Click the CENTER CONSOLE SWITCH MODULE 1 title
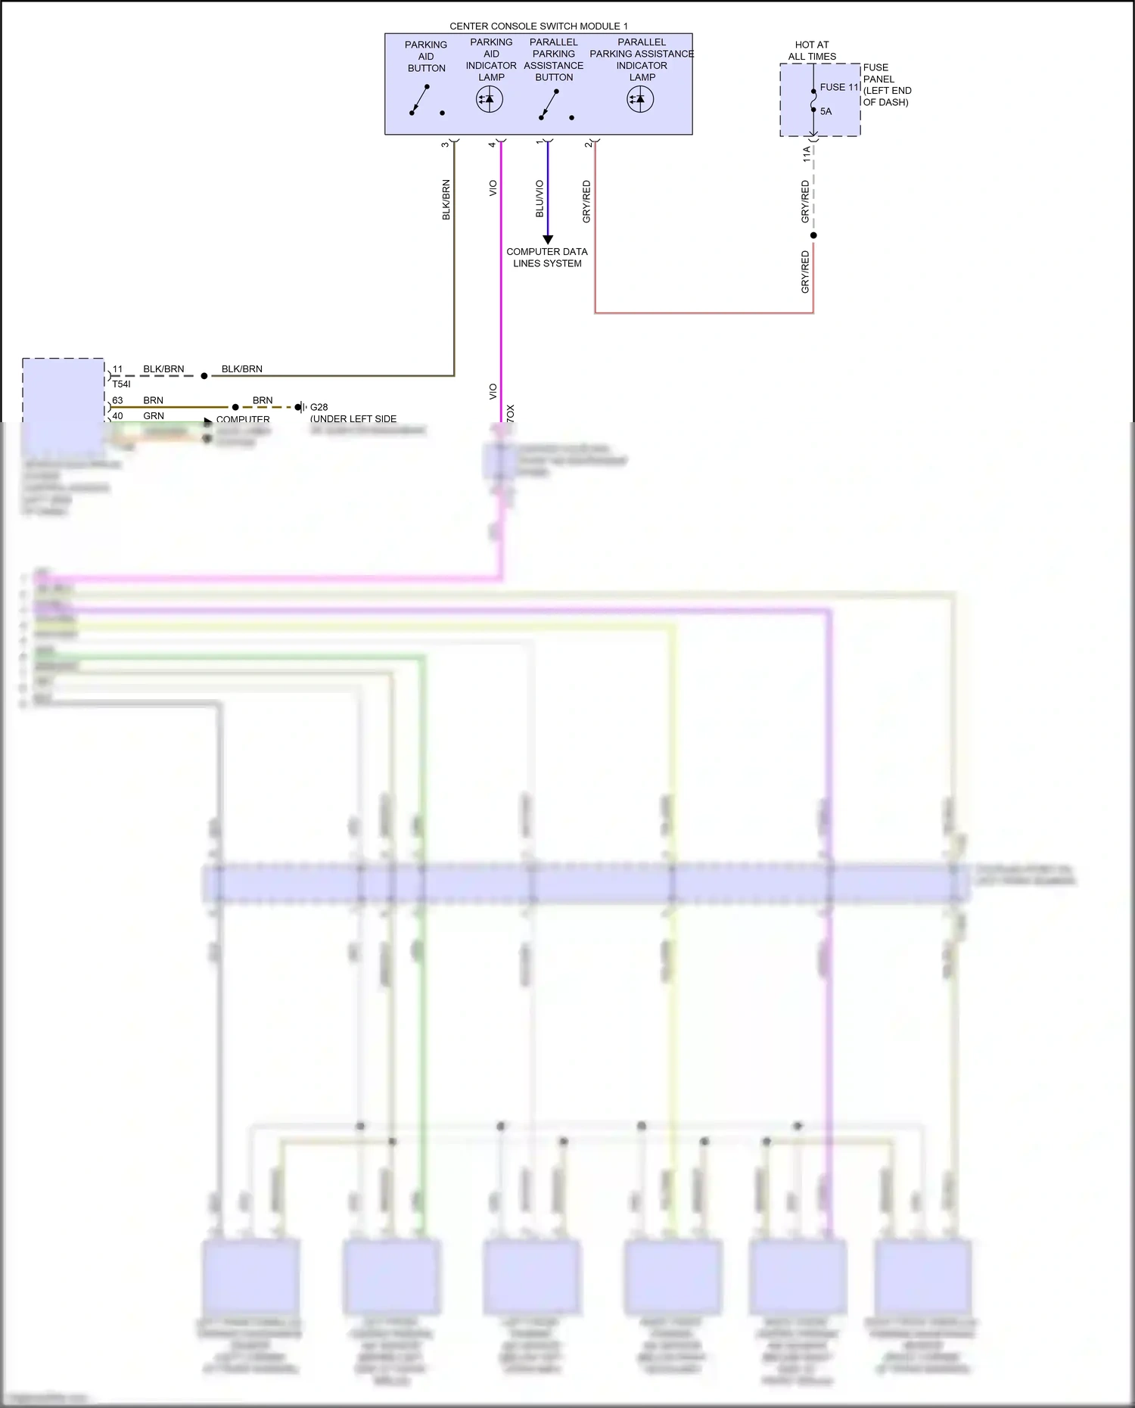tap(538, 26)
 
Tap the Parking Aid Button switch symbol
tap(420, 101)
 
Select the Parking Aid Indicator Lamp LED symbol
tap(490, 99)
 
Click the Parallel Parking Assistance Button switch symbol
tap(549, 104)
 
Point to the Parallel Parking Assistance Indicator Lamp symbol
tap(640, 99)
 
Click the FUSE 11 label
tap(839, 87)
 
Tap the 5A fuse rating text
tap(826, 111)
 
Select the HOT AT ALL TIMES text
tap(812, 51)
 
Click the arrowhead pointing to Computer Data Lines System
tap(548, 239)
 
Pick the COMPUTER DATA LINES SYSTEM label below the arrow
tap(547, 257)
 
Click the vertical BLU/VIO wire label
tap(540, 198)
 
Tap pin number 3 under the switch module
tap(445, 144)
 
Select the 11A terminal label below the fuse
tap(807, 154)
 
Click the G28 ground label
tap(319, 407)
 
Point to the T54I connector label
tap(121, 384)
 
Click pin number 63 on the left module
tap(117, 400)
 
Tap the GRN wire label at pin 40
tap(154, 416)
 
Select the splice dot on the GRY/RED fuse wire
tap(813, 235)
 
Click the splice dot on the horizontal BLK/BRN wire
tap(204, 375)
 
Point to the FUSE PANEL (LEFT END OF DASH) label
tap(887, 85)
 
